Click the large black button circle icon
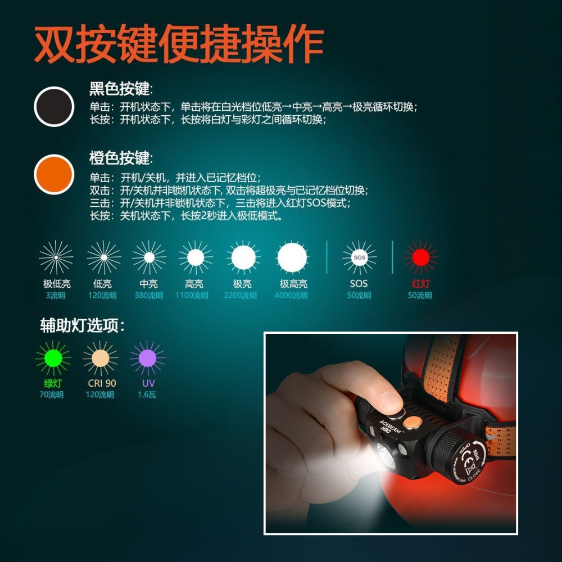(x=54, y=107)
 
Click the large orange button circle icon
(x=54, y=175)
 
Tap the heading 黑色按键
(x=121, y=89)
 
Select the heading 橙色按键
(x=121, y=158)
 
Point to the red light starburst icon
(x=420, y=257)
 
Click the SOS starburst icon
(x=359, y=257)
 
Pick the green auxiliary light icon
(x=53, y=358)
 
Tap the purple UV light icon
(x=147, y=358)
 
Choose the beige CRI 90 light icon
(x=101, y=358)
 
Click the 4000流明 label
(x=291, y=296)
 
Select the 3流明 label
(x=56, y=296)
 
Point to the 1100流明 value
(x=192, y=296)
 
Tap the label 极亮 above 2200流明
(x=242, y=284)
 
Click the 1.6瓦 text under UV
(x=147, y=395)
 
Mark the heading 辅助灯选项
(x=82, y=325)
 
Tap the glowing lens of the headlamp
(x=384, y=456)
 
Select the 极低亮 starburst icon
(x=56, y=257)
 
